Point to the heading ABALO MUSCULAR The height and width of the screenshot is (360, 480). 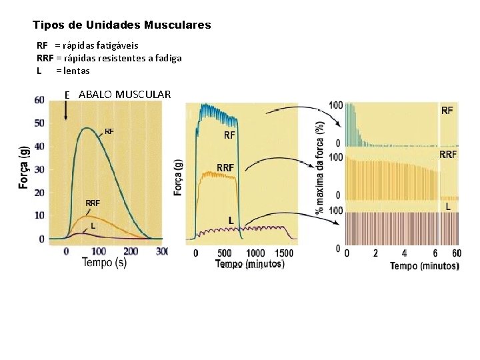[124, 94]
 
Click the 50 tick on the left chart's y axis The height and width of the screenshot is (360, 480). [39, 123]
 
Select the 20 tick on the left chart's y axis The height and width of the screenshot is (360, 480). [39, 193]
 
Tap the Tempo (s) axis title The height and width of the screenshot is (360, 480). [104, 263]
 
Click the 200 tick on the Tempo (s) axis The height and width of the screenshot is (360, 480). [131, 251]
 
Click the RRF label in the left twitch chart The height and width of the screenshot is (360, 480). [92, 203]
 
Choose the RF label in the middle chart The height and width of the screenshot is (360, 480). [229, 135]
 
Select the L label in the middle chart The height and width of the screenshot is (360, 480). [231, 219]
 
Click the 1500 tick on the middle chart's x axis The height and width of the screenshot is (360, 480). [284, 253]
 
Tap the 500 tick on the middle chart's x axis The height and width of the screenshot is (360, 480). [224, 253]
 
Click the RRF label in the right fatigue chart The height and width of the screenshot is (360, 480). [448, 154]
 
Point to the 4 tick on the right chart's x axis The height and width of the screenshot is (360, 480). [404, 253]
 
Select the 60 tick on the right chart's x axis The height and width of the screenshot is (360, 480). [455, 253]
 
